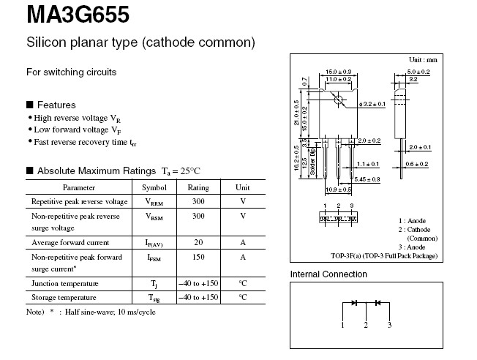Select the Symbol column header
click(x=154, y=187)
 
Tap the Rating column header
click(x=198, y=187)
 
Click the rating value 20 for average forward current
click(x=198, y=242)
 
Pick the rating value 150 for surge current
click(x=198, y=258)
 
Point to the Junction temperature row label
click(x=65, y=283)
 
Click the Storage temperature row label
click(x=64, y=297)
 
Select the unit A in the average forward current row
click(x=242, y=242)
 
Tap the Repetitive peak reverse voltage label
click(x=80, y=201)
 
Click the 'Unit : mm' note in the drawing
click(x=422, y=59)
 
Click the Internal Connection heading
click(x=328, y=274)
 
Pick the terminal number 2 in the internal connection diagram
click(x=366, y=324)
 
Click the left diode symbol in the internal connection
click(x=354, y=302)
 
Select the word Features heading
click(x=56, y=105)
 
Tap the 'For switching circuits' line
click(x=72, y=72)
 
